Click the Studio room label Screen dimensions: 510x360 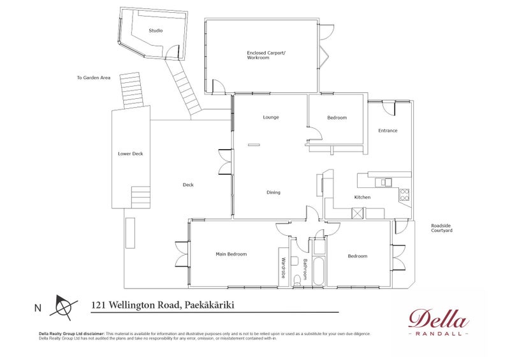156,31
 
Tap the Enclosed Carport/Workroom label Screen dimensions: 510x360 266,55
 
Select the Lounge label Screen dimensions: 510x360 271,117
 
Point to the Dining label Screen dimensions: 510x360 273,192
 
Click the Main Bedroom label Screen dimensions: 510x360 231,254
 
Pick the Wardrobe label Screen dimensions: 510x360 283,268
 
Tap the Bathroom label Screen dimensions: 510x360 305,270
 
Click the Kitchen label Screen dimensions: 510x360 362,197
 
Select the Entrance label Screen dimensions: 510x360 388,131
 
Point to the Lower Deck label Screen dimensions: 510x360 131,154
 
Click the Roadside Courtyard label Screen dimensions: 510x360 442,228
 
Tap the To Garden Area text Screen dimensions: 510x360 94,78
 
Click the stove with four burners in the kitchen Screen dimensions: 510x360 404,195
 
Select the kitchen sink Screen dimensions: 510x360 384,182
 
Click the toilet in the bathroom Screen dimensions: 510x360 297,280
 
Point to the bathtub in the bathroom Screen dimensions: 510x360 318,271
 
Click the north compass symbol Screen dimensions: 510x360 64,307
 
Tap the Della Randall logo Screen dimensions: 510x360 439,322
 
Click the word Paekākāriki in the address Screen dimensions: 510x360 209,305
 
